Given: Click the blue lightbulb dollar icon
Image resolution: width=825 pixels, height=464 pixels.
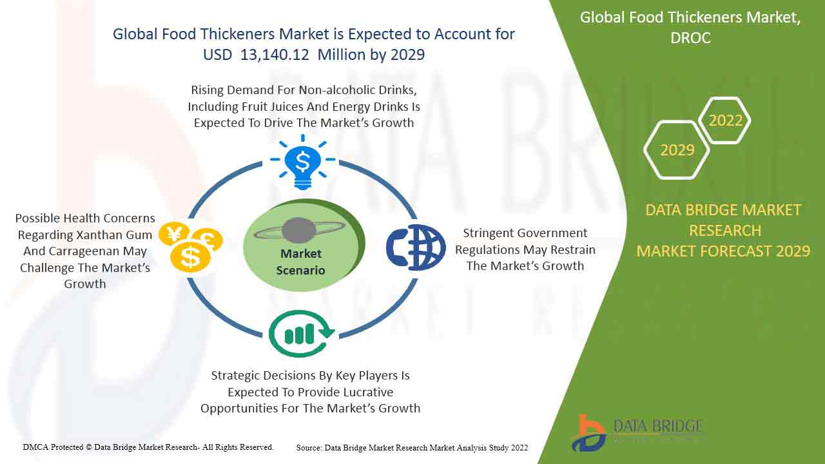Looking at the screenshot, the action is (x=303, y=162).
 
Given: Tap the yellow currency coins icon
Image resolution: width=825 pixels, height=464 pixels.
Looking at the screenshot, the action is (x=191, y=247).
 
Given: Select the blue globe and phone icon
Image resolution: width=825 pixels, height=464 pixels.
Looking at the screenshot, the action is (x=416, y=247).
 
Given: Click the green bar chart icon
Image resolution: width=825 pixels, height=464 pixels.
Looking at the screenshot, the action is (x=302, y=334).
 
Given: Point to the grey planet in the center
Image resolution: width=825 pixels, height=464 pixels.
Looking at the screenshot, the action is (x=298, y=231).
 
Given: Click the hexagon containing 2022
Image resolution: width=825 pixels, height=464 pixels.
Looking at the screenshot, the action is (x=725, y=121).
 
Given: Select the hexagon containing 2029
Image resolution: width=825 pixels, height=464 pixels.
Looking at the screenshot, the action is (x=677, y=150).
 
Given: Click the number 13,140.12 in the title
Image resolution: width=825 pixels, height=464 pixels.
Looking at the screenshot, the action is (x=275, y=55).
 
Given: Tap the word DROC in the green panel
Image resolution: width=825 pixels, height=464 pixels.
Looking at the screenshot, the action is (x=690, y=38).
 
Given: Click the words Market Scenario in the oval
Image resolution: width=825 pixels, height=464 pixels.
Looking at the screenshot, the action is (x=300, y=262).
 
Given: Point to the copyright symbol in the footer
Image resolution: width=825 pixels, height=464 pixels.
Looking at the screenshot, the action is (x=88, y=447).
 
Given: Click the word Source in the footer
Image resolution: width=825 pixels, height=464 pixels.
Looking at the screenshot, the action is (x=309, y=448).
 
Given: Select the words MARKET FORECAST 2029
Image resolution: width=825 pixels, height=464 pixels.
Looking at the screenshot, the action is (x=723, y=251).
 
